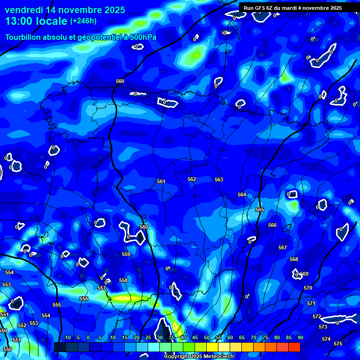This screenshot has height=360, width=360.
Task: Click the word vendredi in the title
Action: (x=25, y=10)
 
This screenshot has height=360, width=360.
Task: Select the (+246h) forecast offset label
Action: (x=83, y=21)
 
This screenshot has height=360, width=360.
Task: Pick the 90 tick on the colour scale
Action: (x=300, y=338)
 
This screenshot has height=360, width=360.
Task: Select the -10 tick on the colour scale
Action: (x=66, y=338)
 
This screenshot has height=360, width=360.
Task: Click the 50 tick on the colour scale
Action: (x=207, y=338)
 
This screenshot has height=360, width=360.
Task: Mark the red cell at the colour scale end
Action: (x=294, y=347)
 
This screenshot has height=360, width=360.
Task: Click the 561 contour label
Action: (x=161, y=181)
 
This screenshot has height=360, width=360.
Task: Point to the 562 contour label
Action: (x=192, y=180)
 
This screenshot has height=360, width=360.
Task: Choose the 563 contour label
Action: (x=219, y=180)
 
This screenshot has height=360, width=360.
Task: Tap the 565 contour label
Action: (x=260, y=210)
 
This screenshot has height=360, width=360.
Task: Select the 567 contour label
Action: (x=283, y=247)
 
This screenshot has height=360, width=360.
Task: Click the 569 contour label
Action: (x=305, y=274)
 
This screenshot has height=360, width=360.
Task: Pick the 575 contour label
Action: (x=338, y=344)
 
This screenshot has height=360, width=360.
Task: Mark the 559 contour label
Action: (x=126, y=254)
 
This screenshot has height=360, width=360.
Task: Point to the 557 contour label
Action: (x=102, y=288)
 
